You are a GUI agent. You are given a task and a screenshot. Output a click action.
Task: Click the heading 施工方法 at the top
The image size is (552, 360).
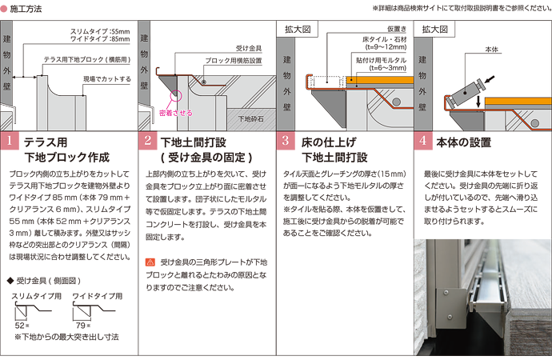[27, 7]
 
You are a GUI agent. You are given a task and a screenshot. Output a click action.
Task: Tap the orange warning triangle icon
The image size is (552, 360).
[150, 262]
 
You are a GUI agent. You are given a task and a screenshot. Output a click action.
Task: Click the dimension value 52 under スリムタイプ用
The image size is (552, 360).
[19, 326]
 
